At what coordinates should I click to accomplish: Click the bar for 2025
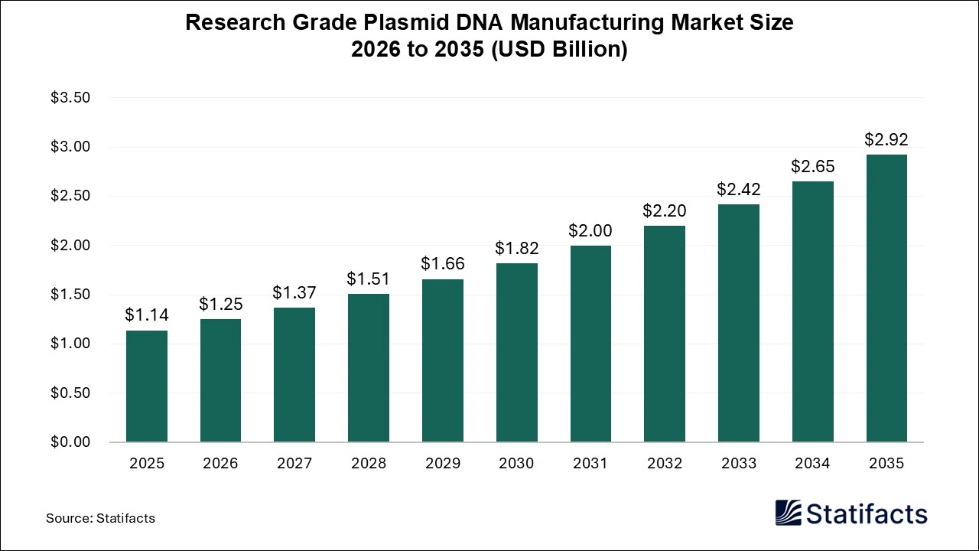click(147, 386)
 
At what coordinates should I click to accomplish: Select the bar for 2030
click(516, 353)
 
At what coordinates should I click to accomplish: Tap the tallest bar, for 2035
click(886, 298)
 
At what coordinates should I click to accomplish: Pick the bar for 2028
click(369, 368)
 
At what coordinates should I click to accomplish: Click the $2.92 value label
click(886, 139)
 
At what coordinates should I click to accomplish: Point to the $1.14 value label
click(147, 315)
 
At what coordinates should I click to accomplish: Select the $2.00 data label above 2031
click(590, 230)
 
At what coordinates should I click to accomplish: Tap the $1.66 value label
click(443, 264)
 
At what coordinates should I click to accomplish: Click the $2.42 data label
click(739, 189)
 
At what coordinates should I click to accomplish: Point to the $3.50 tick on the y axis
click(70, 98)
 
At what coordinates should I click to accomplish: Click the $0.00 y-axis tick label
click(70, 442)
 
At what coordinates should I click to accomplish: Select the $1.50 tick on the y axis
click(70, 295)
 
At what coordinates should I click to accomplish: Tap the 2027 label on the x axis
click(294, 463)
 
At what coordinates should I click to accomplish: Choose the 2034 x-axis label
click(812, 463)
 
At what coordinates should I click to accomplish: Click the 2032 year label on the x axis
click(665, 463)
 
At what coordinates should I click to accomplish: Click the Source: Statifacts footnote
click(100, 518)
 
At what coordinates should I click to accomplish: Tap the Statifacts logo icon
click(788, 513)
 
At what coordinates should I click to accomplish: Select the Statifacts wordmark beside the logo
click(867, 514)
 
